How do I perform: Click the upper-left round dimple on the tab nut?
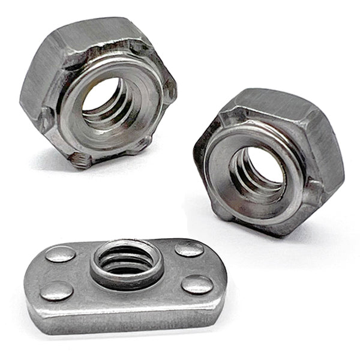pyautogui.click(x=61, y=254)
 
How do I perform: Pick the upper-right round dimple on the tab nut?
pyautogui.click(x=189, y=248)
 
